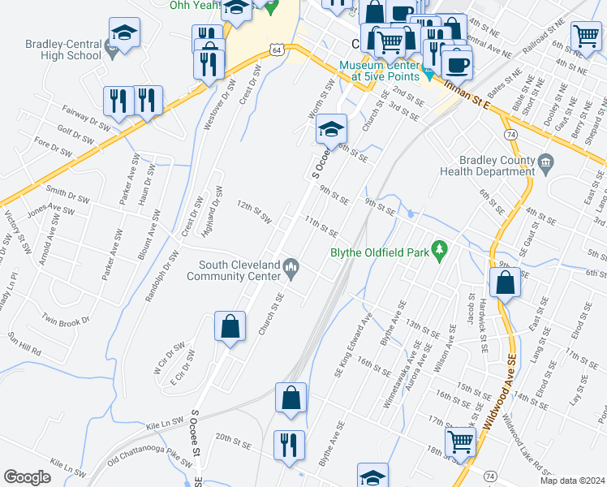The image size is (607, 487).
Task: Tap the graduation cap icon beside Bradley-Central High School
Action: (124, 33)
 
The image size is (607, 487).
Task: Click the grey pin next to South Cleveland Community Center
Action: (291, 265)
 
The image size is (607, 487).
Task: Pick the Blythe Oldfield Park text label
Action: (379, 252)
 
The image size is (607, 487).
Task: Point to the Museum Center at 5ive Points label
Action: (379, 71)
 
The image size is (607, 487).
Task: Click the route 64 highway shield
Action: (278, 50)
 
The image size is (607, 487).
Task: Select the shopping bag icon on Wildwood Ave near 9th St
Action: (505, 283)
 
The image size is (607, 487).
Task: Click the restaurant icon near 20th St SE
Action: (289, 445)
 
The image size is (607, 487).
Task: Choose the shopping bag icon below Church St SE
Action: (230, 326)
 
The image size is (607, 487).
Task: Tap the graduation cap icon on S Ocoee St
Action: (331, 128)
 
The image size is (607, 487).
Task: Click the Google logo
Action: (28, 477)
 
